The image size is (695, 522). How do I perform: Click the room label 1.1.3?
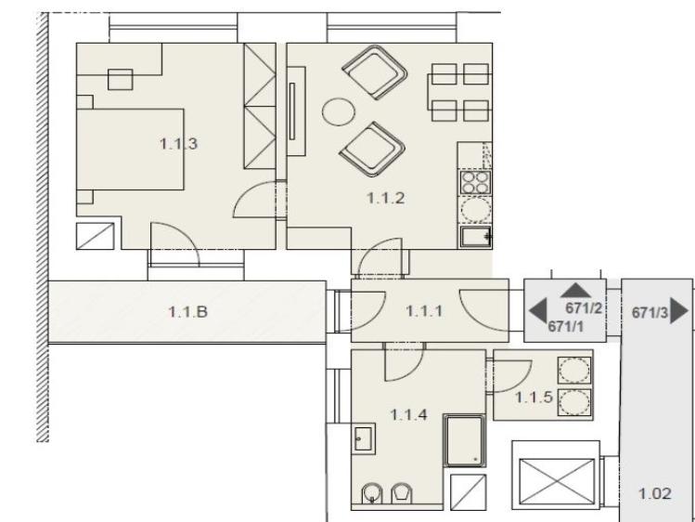point(178,144)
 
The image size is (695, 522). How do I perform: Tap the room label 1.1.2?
point(386,198)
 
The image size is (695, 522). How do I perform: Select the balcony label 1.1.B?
point(188,312)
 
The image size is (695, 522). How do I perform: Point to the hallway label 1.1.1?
point(424,311)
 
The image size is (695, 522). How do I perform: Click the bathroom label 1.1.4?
point(408,414)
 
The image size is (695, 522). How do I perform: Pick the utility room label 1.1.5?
point(534,397)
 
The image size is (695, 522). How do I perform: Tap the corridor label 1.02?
point(655,493)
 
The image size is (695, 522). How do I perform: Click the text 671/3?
point(650,313)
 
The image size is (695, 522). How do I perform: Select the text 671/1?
point(566,326)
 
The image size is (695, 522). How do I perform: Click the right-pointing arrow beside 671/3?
point(678,310)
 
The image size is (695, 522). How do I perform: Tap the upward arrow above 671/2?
point(575,291)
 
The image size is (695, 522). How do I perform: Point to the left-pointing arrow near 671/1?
point(538,310)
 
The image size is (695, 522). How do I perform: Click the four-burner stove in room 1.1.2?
point(475,183)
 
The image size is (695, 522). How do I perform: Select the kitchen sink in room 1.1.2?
point(476,237)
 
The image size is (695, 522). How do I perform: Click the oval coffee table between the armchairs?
point(339,111)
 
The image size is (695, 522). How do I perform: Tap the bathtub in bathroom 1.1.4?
point(465,441)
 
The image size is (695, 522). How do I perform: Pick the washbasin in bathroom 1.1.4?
point(364,438)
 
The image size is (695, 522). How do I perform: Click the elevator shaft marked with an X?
point(556,481)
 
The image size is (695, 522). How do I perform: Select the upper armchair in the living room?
point(375,72)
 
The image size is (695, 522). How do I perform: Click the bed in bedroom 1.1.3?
point(130,150)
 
